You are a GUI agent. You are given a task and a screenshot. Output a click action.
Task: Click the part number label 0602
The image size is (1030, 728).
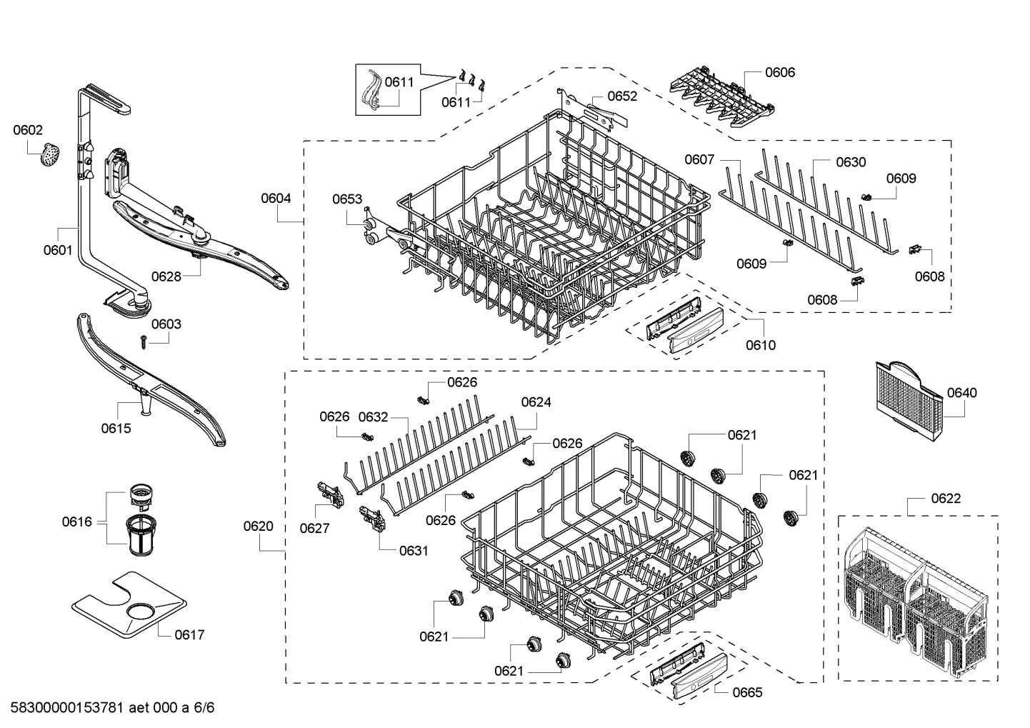tap(28, 130)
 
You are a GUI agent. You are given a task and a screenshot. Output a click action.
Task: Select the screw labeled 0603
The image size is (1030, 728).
tap(144, 343)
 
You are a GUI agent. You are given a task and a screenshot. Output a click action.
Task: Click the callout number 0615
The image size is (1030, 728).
tap(116, 428)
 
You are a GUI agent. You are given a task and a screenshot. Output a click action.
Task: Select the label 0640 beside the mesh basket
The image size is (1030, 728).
tap(962, 393)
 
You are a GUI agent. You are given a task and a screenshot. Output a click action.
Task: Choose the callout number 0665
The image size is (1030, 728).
tap(747, 692)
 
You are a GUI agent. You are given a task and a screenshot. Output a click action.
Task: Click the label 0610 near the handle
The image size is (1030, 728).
tap(761, 345)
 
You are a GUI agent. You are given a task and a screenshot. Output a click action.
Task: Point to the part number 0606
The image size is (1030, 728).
tap(780, 72)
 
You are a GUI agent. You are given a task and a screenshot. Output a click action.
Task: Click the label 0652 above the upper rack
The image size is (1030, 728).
tap(622, 96)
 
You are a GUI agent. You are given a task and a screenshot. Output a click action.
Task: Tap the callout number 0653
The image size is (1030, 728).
tap(347, 199)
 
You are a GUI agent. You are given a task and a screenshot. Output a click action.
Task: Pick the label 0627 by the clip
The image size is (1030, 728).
tap(314, 528)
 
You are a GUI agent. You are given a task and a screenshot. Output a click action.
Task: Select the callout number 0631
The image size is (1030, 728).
tap(414, 551)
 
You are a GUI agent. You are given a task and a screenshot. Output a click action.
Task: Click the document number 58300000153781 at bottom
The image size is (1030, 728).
tap(64, 709)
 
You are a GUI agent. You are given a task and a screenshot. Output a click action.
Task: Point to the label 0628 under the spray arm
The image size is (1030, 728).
tap(166, 276)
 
